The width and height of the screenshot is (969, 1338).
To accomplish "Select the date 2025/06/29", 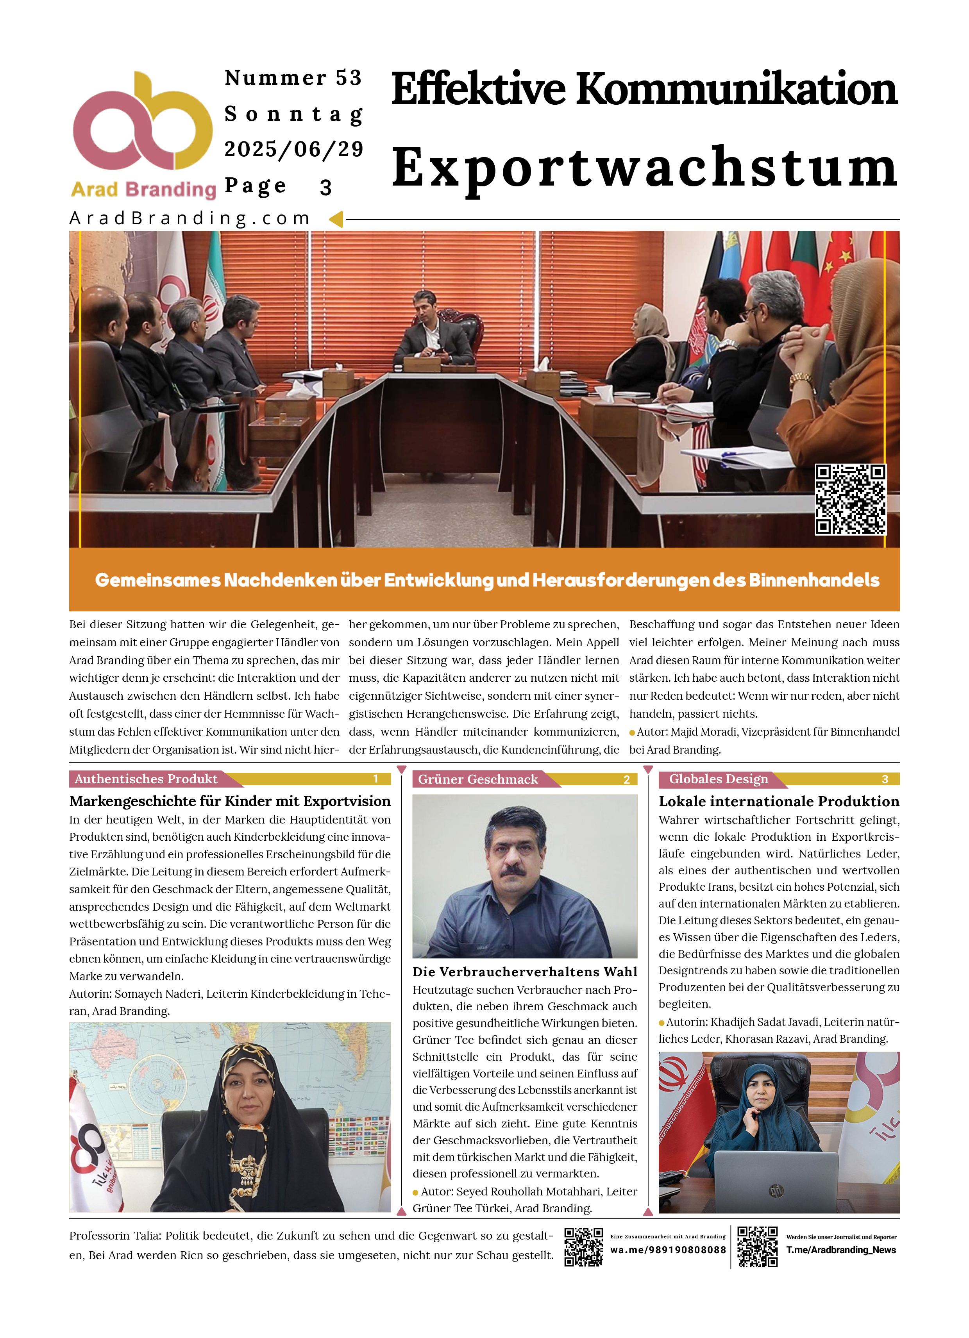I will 293,149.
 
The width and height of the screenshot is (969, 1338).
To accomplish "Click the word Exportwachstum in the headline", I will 644,168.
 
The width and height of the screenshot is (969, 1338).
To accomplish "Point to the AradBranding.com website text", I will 190,219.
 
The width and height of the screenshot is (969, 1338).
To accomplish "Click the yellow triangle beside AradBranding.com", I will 336,220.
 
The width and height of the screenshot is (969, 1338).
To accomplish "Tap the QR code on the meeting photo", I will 850,499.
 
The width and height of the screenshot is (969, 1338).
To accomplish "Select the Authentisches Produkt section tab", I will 147,779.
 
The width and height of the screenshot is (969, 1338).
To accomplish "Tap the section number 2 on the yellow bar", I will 627,780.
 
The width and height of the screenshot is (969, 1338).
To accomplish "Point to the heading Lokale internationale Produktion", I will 779,801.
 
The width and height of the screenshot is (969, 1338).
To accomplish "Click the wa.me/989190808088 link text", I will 668,1250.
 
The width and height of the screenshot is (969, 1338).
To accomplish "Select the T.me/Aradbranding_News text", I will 841,1250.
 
